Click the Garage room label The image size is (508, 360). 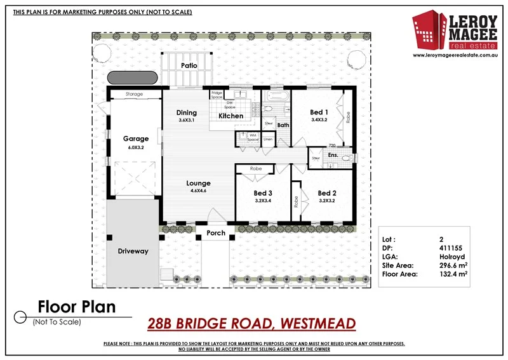[135, 138]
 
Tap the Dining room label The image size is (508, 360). [186, 112]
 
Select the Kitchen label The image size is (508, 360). [231, 116]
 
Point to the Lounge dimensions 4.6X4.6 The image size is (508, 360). [198, 190]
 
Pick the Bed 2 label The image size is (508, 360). [326, 193]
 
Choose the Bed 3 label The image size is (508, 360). [263, 193]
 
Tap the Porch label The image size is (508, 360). [216, 233]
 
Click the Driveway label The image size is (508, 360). [133, 251]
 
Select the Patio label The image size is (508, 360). [189, 65]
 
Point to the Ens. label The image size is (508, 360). [333, 155]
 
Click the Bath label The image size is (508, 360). [283, 125]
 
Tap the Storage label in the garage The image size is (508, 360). [134, 94]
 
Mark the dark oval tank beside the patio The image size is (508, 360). [133, 77]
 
